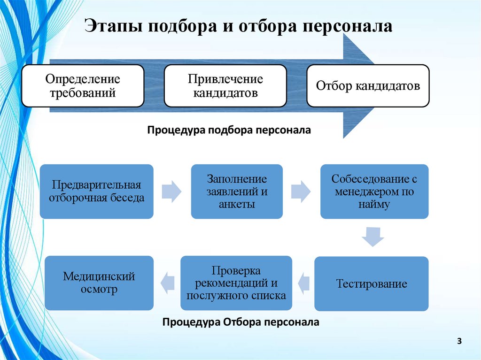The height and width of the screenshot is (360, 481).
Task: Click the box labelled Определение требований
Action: point(83,86)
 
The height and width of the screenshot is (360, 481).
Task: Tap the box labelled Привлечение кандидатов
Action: point(225,86)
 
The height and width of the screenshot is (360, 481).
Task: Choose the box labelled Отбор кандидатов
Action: point(368,86)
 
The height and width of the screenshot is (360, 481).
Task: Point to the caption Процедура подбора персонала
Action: point(229,130)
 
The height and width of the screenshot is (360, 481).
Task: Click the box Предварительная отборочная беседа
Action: point(96,191)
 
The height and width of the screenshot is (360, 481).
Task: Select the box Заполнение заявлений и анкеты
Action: point(237,191)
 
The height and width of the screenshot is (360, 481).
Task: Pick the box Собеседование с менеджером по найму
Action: point(374,191)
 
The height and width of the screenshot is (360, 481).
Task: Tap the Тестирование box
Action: point(371,283)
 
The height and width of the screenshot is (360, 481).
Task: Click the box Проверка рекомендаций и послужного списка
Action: point(236,283)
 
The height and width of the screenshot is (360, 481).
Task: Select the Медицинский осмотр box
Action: point(99,283)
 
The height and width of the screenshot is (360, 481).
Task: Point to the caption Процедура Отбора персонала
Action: point(240,322)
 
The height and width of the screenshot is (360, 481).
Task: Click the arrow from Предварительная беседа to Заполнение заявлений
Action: point(171,191)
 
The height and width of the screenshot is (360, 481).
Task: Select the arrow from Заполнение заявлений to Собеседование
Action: point(301,191)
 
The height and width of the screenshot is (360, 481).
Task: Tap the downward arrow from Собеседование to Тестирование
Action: point(373,237)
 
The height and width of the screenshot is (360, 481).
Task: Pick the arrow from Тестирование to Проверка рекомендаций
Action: point(304,283)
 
